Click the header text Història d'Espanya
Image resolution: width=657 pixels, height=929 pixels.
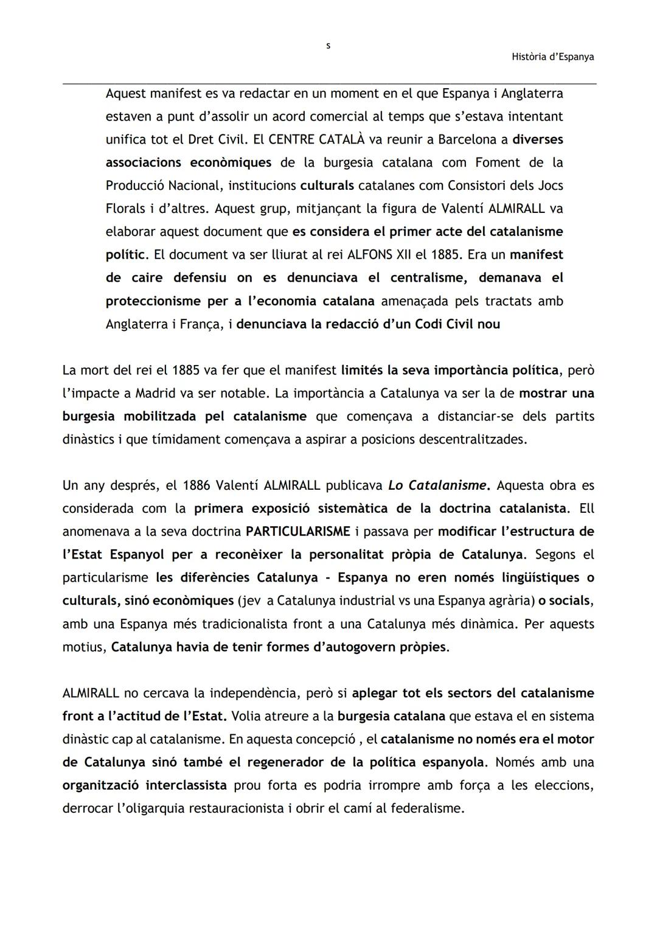552,57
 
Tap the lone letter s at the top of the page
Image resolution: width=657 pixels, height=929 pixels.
328,46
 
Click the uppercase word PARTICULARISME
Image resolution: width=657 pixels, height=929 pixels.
297,531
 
